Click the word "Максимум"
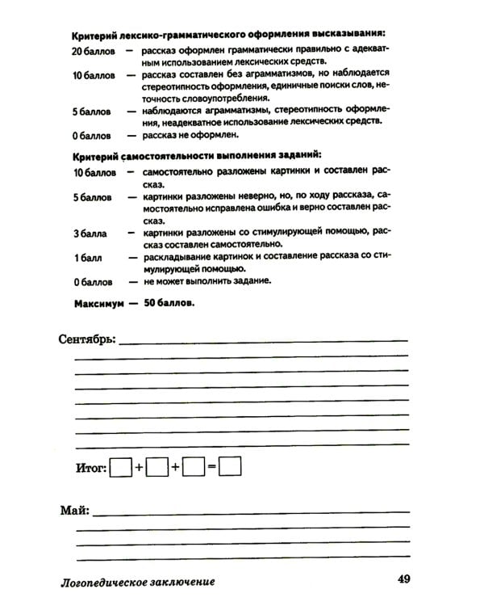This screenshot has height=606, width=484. tap(100, 305)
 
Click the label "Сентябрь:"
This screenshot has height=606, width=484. tap(88, 338)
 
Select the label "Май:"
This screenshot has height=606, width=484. tap(74, 511)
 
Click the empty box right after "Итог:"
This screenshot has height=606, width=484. tap(120, 468)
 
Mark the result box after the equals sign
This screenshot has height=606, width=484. tap(231, 468)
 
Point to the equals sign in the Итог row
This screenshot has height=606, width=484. tap(211, 468)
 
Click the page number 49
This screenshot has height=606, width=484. tap(405, 579)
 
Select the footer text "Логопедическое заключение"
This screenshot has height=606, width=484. tap(138, 581)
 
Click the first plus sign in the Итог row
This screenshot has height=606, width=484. tap(139, 468)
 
